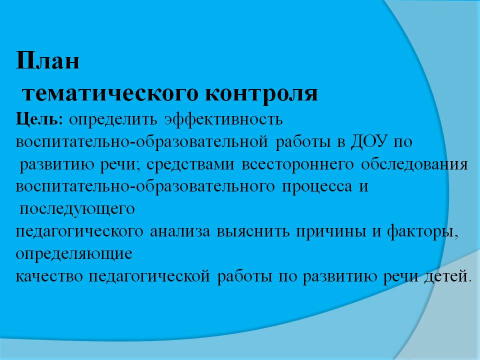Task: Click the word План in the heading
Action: pyautogui.click(x=47, y=61)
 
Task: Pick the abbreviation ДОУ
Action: pyautogui.click(x=364, y=142)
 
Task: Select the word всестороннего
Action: pyautogui.click(x=290, y=164)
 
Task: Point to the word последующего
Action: pyautogui.click(x=77, y=209)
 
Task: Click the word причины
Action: pyautogui.click(x=326, y=231)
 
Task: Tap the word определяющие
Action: pyautogui.click(x=74, y=254)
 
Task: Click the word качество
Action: pyautogui.click(x=49, y=276)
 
